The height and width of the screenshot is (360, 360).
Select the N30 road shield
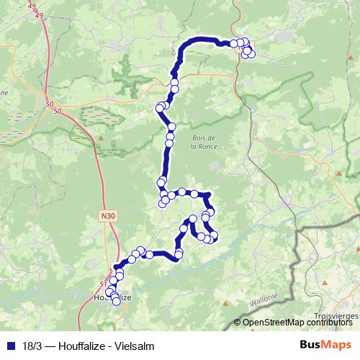pos(107,215)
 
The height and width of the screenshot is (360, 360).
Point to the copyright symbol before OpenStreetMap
pos(238,322)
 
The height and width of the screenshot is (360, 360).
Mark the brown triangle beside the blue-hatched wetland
pos(102,135)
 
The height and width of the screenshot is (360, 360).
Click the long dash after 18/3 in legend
pos(48,344)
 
